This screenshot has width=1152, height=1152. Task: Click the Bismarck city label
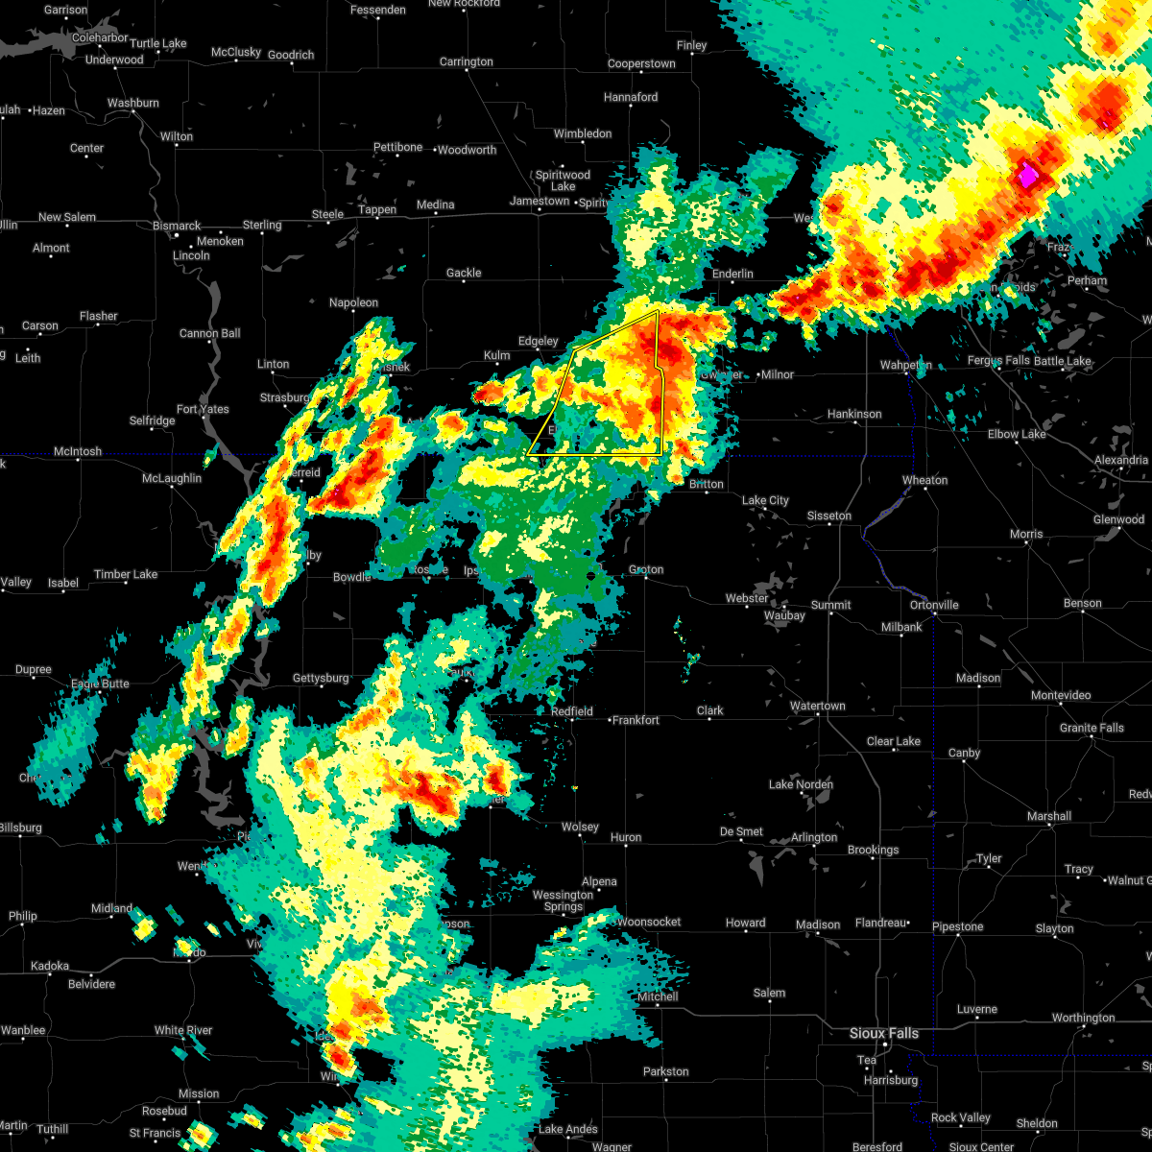pos(178,227)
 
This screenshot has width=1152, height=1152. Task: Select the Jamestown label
pos(540,202)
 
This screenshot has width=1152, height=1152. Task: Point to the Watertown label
pos(818,707)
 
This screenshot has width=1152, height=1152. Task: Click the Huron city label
pos(626,838)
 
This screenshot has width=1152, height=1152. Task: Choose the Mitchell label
pos(658,996)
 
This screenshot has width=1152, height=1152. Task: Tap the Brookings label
pos(874,851)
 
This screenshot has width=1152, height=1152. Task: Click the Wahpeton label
pos(905,366)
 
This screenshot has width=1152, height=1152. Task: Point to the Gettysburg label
pos(321,679)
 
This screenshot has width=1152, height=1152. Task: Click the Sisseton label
pos(828,516)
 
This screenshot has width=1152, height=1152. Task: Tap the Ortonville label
pos(934,606)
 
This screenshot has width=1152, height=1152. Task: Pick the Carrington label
pos(467,62)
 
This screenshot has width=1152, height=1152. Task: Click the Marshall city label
pos(1048,817)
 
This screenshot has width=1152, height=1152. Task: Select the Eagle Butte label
pos(101,684)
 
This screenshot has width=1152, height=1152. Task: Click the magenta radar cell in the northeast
pos(1028,176)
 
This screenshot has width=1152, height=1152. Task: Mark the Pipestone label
pos(957,927)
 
